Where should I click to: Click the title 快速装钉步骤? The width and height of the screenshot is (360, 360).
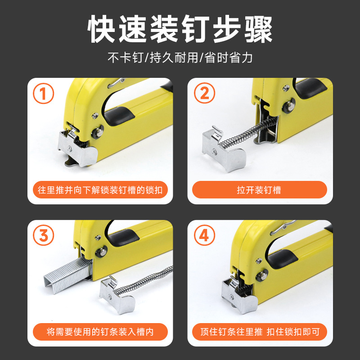coord(180,29)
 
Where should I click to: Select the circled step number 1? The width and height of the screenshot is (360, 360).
coord(44,94)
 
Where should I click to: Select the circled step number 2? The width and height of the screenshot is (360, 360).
coord(204,94)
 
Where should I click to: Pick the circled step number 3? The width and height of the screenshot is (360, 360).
coord(44,235)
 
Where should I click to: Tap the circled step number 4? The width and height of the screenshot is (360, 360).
coord(204,235)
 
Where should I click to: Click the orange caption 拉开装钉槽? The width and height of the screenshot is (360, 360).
coord(259,190)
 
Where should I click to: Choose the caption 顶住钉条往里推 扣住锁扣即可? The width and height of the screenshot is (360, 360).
coord(259,332)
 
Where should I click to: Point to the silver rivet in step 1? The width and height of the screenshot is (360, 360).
coord(96,133)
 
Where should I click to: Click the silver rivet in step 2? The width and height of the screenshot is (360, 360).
coord(286,108)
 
